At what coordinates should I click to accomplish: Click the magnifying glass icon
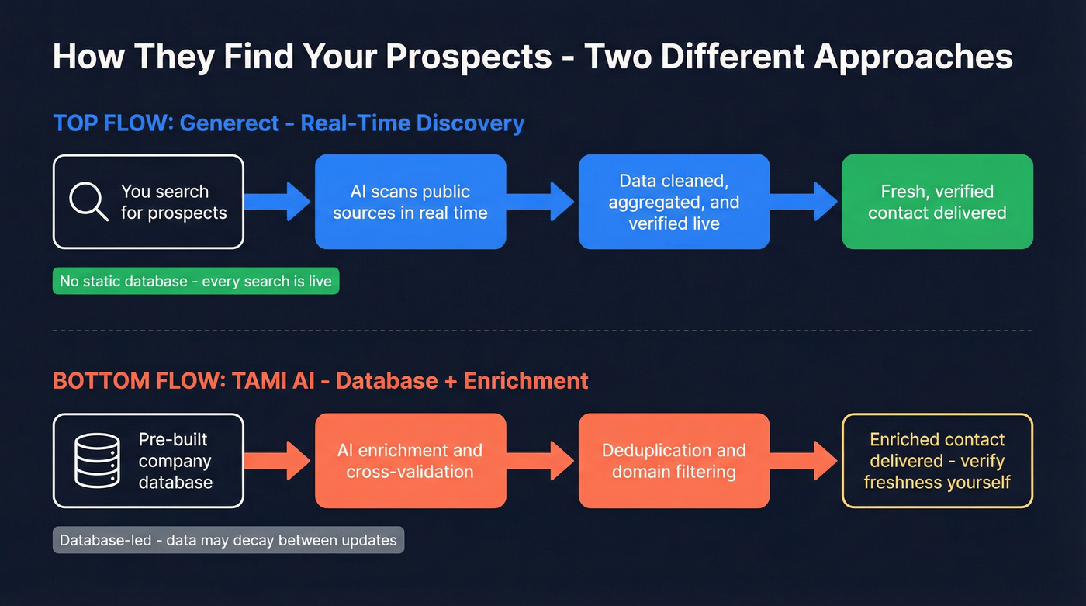tap(88, 202)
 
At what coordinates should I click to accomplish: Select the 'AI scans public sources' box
tap(410, 202)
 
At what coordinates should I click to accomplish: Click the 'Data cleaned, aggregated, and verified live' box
tap(674, 202)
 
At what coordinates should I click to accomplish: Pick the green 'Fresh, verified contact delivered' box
tap(937, 202)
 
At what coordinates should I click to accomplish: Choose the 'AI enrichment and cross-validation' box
tap(410, 461)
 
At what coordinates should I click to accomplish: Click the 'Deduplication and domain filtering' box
tap(674, 461)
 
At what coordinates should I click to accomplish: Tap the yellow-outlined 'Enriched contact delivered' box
tap(937, 461)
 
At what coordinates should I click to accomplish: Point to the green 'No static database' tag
tap(195, 282)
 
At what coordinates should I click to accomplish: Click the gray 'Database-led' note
tap(228, 540)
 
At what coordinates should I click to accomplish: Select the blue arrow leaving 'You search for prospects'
tap(278, 202)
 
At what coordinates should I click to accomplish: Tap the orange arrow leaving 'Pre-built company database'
tap(278, 461)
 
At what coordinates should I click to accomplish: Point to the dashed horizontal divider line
tap(543, 331)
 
